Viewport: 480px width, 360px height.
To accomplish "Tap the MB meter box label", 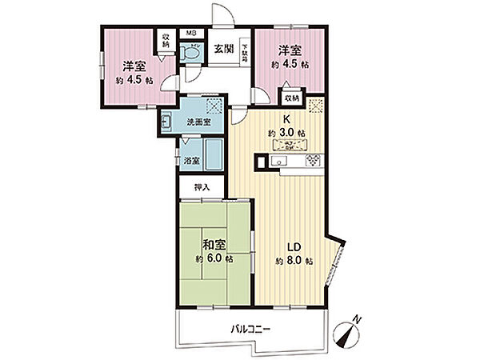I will (191, 34).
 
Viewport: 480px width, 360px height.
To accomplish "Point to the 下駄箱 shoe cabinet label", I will (244, 53).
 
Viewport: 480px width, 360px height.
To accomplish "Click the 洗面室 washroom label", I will (199, 122).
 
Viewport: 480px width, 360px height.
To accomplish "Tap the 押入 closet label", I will (202, 187).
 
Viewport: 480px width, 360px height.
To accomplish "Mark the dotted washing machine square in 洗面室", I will (214, 105).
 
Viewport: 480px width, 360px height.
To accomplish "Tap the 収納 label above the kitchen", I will (291, 98).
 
